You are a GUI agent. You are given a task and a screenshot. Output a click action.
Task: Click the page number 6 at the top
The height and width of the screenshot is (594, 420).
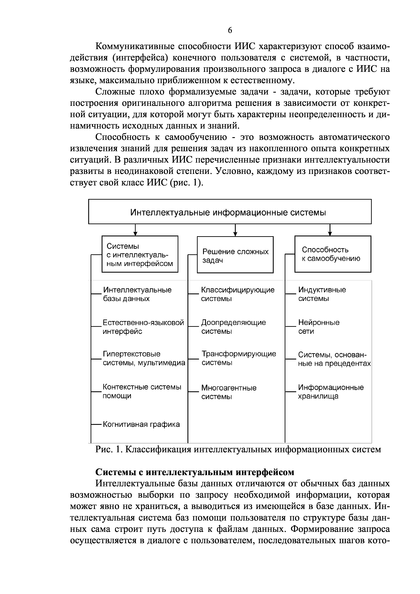tap(230, 30)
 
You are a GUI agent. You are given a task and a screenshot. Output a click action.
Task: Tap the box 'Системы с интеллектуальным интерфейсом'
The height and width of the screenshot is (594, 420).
tap(140, 254)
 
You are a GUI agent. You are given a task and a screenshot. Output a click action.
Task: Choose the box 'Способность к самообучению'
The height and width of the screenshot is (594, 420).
tap(333, 254)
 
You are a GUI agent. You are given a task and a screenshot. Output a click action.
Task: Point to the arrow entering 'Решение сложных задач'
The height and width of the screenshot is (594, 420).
tap(235, 230)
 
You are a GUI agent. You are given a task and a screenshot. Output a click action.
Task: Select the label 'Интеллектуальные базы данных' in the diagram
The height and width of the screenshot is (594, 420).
tap(137, 294)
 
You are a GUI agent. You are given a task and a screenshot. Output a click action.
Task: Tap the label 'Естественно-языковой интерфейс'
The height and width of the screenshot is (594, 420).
tap(143, 327)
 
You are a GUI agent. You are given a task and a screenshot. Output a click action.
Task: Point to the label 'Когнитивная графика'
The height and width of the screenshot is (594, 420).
tap(141, 424)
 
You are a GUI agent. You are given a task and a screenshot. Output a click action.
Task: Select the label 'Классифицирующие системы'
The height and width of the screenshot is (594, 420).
tap(238, 294)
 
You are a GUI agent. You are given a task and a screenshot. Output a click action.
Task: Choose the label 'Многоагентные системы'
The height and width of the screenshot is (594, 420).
tap(229, 392)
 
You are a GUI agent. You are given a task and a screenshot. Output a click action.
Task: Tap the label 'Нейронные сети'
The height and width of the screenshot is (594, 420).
tap(319, 327)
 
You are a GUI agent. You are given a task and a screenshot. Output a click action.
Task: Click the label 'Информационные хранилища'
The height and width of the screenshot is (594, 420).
tap(331, 392)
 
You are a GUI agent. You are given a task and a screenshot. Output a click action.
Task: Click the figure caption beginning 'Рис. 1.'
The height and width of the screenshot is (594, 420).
tap(238, 449)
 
